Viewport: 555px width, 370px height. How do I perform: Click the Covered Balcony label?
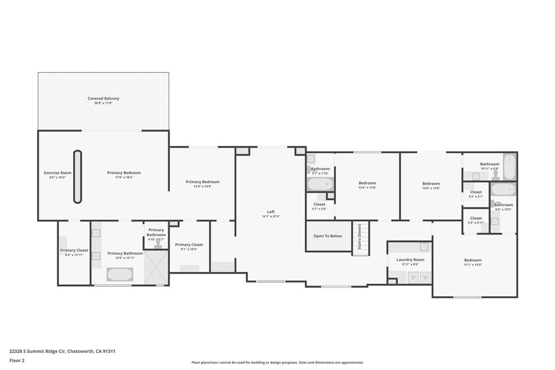[103, 99]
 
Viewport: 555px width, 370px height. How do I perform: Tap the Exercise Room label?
[57, 173]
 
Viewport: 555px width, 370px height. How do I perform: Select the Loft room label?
[271, 212]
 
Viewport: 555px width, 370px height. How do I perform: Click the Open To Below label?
[328, 236]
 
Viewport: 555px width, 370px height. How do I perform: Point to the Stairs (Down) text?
[359, 238]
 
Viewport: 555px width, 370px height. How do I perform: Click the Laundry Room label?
[410, 260]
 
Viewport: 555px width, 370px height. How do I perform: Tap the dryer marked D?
[412, 277]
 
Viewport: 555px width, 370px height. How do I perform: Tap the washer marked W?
[425, 277]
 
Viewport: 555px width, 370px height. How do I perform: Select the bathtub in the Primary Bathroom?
[119, 274]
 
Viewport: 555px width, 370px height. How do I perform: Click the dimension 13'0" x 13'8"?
[367, 187]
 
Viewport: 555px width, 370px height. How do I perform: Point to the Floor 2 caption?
[17, 360]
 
